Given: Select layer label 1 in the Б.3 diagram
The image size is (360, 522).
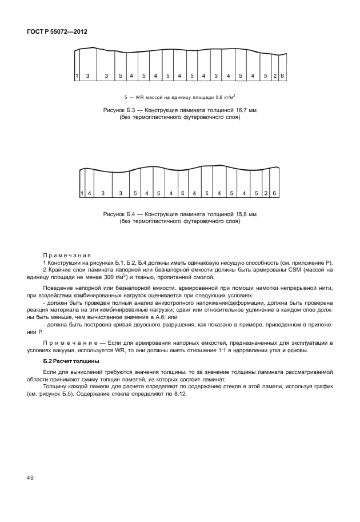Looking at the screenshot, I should point(77,76).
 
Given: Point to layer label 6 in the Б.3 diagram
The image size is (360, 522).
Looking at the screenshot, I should point(282,76).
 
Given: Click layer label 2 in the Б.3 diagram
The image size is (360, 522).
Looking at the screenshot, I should point(275,76).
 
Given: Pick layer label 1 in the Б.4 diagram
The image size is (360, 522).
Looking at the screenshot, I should point(82,193).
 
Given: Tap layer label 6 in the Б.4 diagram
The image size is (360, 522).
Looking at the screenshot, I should point(274,193).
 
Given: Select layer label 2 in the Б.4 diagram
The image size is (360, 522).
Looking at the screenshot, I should point(266,193).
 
